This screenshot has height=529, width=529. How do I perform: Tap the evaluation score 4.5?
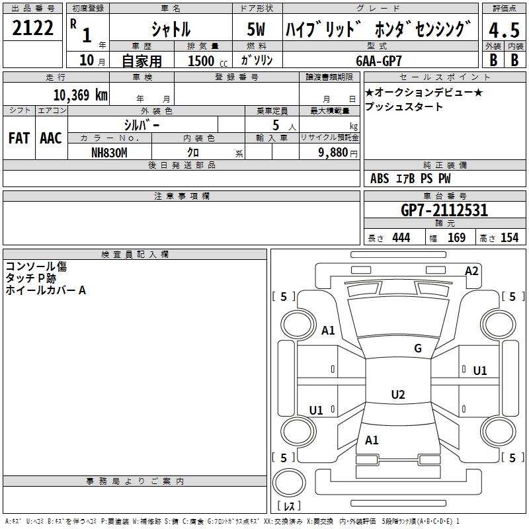503,30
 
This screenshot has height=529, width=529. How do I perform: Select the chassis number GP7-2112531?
444,210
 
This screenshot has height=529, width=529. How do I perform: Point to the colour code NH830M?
109,152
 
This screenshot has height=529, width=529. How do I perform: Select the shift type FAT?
19,138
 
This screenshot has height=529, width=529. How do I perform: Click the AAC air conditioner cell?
50,138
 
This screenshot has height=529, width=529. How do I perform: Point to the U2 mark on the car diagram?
397,395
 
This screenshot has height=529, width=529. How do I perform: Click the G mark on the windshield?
417,348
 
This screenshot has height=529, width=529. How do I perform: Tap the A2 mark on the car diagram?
471,270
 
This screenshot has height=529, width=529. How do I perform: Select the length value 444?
401,238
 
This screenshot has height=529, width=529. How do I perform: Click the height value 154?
509,238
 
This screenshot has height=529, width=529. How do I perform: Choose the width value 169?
456,238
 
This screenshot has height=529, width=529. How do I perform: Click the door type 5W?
256,30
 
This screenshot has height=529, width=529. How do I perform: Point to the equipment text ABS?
380,179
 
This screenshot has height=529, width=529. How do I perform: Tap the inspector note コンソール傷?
36,266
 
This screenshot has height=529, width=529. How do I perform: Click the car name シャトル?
171,30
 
